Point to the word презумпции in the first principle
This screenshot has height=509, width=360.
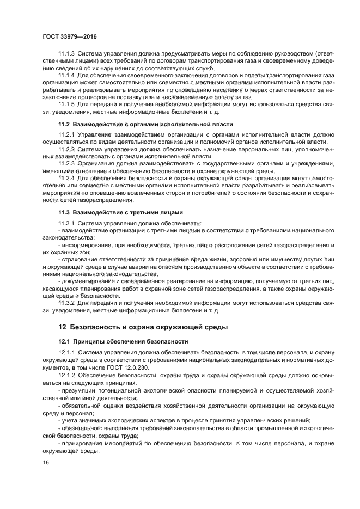[80, 391]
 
